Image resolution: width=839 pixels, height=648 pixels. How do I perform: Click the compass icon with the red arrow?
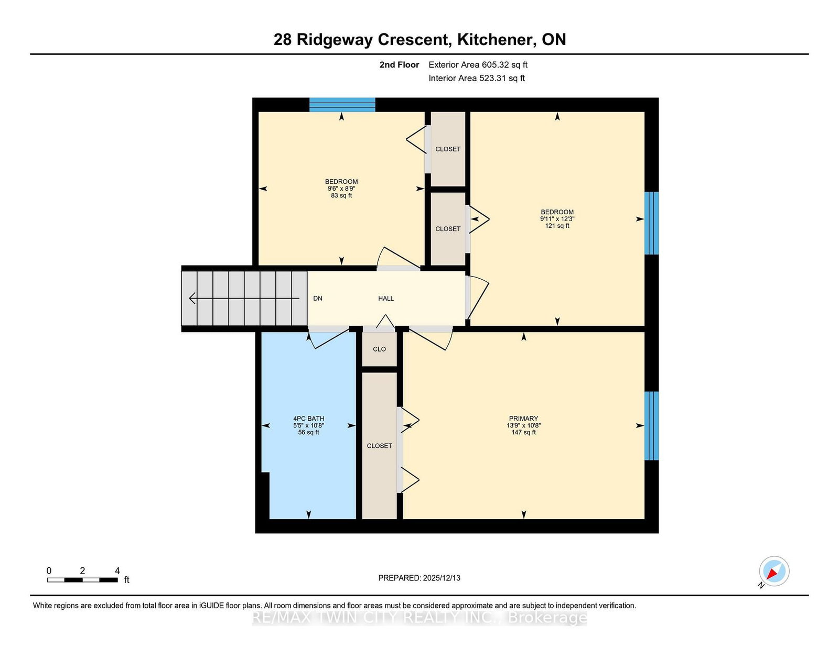click(x=774, y=571)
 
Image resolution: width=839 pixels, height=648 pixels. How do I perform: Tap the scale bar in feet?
click(x=83, y=580)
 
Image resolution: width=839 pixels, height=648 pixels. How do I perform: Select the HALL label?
click(x=386, y=299)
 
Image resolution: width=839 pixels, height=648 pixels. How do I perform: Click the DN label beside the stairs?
click(x=317, y=299)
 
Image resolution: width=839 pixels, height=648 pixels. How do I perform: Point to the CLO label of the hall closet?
click(x=379, y=349)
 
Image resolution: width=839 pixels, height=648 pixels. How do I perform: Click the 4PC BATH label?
click(x=308, y=419)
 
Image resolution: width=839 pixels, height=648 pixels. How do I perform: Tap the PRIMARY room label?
click(x=523, y=419)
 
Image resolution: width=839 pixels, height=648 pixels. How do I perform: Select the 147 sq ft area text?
click(x=523, y=432)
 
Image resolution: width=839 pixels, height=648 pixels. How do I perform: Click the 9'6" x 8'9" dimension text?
click(x=341, y=189)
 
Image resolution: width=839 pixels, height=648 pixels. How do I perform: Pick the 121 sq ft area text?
click(x=557, y=226)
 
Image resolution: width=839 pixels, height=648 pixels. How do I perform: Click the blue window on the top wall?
click(x=342, y=105)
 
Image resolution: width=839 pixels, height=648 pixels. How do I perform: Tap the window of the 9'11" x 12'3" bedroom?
click(x=652, y=223)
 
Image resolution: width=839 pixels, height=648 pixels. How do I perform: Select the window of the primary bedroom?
click(x=652, y=426)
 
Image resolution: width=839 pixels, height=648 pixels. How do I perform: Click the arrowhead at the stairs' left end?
click(x=192, y=299)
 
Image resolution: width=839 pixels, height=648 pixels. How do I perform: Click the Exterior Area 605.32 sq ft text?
click(x=478, y=65)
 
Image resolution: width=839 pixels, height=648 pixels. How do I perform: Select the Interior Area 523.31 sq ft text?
click(x=477, y=78)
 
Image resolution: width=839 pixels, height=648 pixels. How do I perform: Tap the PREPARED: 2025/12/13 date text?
click(x=419, y=578)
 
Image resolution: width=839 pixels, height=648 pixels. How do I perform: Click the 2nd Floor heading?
click(x=399, y=65)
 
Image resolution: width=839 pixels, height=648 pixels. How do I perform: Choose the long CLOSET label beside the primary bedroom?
click(x=379, y=446)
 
